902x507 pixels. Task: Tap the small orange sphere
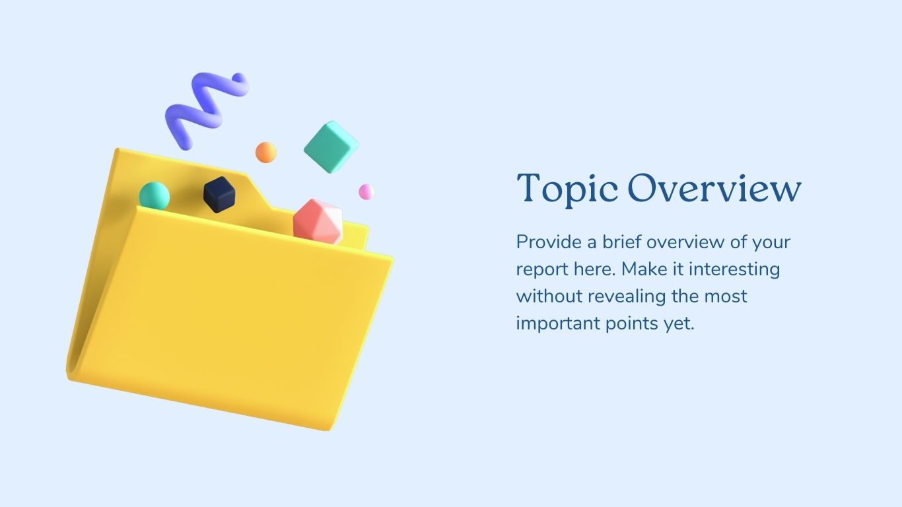265,152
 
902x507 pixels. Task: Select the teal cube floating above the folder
331,147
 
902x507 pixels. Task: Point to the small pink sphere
366,191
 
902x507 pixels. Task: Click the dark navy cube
219,195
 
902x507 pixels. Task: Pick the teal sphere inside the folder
155,195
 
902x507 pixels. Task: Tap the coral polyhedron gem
318,222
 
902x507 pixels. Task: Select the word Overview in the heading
714,188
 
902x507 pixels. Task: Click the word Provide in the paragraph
549,242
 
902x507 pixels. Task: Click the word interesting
734,269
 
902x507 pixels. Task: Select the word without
549,296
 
